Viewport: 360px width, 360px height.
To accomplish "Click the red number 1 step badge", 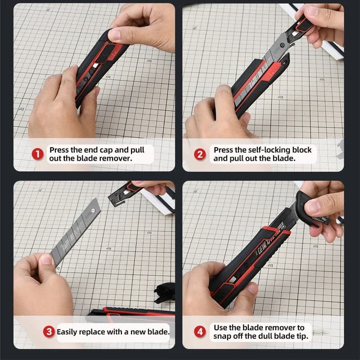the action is [37, 154].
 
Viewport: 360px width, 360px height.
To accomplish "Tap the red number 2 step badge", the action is [200, 154].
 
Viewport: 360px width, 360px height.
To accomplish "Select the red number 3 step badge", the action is [49, 332].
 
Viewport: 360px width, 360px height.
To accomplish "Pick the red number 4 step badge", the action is [200, 332].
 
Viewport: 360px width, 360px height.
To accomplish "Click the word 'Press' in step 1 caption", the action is [59, 150].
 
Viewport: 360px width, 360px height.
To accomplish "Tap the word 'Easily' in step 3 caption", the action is [66, 332].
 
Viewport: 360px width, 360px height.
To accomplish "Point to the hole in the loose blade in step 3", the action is [93, 211].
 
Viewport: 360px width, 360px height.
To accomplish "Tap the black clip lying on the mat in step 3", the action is [165, 293].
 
